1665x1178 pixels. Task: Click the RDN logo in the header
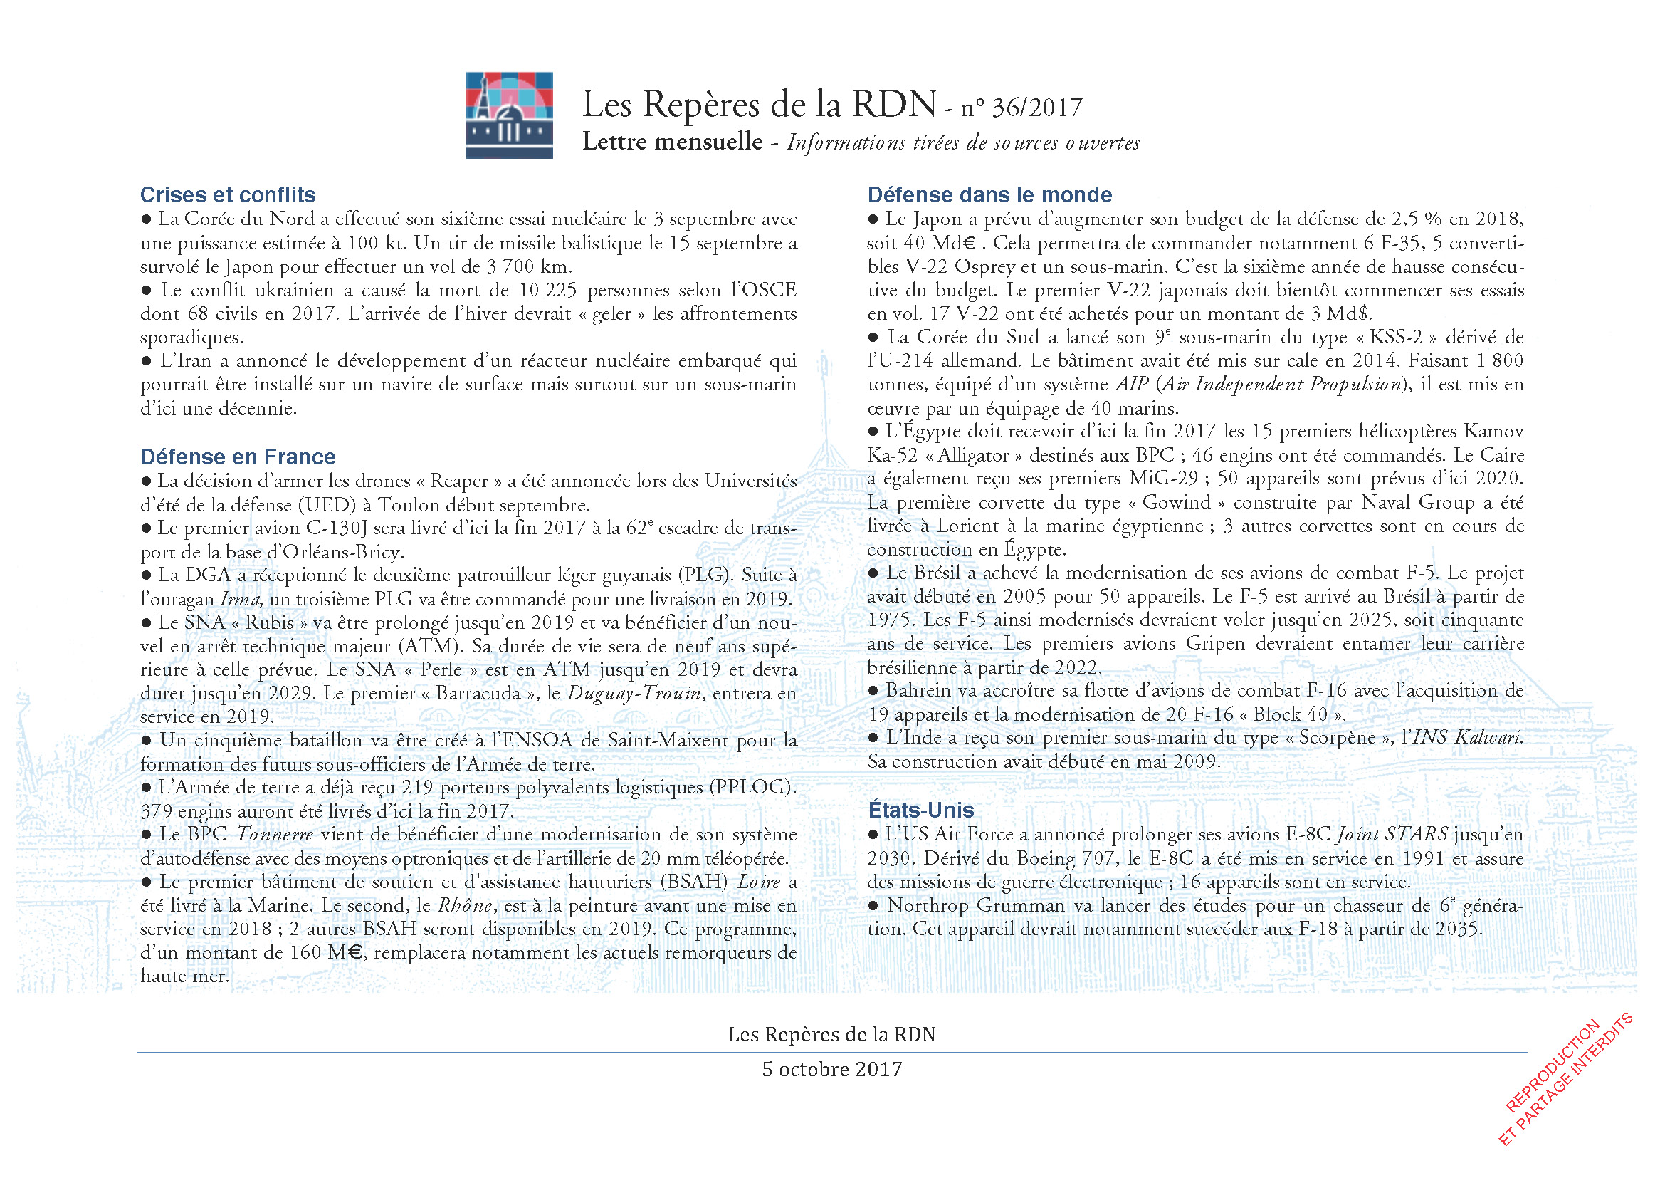(x=509, y=115)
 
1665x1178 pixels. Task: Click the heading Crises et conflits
(x=228, y=195)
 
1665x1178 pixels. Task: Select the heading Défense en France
(x=238, y=457)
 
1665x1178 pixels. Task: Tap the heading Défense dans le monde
(x=989, y=195)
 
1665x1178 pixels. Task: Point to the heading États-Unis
(x=921, y=810)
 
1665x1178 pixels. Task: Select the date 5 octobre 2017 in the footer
(x=831, y=1070)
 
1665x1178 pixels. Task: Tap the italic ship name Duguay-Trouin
(x=634, y=694)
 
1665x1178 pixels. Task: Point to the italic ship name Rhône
(x=464, y=906)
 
